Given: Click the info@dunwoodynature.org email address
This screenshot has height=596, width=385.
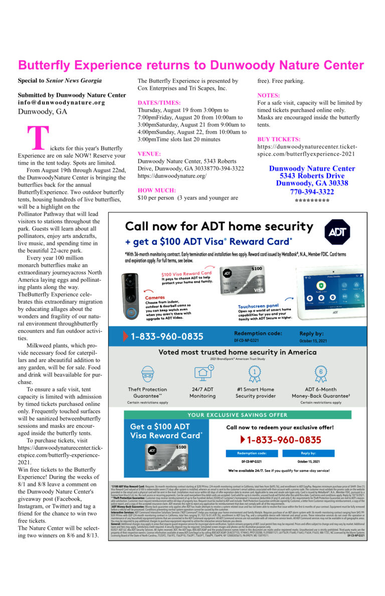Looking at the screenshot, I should (61, 102).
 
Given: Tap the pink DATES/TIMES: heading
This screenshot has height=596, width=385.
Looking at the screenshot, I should (158, 102).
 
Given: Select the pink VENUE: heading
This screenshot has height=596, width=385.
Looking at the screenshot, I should (149, 154).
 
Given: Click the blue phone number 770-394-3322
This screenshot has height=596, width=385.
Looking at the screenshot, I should (312, 192).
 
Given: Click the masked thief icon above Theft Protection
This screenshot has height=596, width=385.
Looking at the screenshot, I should (147, 373).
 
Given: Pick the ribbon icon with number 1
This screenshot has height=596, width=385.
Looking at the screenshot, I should (255, 373).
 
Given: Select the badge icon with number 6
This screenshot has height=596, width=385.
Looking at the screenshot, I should (320, 373).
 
